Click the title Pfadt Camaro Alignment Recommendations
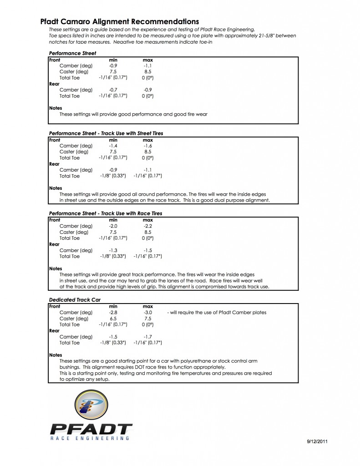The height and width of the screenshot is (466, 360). coord(119,21)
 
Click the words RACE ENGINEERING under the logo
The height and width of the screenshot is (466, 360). coord(89,438)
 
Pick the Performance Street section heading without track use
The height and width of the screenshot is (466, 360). coord(72,53)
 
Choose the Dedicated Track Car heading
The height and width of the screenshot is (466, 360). coord(75,300)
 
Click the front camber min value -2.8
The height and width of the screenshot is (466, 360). coord(113,313)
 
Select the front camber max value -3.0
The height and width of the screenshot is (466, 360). coord(148,313)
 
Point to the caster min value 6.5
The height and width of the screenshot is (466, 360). coord(113,319)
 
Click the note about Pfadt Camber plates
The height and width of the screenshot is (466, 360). coord(217,313)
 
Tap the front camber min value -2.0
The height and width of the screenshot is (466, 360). coord(113,226)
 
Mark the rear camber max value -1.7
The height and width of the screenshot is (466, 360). coord(148,337)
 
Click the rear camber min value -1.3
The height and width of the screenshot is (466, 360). coord(113,250)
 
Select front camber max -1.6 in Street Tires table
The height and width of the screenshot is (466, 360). coord(148,146)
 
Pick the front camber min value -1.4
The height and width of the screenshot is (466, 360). coord(113,146)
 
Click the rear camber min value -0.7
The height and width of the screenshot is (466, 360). coord(113,90)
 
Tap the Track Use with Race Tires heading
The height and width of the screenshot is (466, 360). coord(105,213)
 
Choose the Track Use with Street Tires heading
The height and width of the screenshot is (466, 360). coord(106,133)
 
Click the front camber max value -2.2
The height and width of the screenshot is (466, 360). coord(148,226)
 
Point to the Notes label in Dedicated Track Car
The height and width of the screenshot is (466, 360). coord(56,355)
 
